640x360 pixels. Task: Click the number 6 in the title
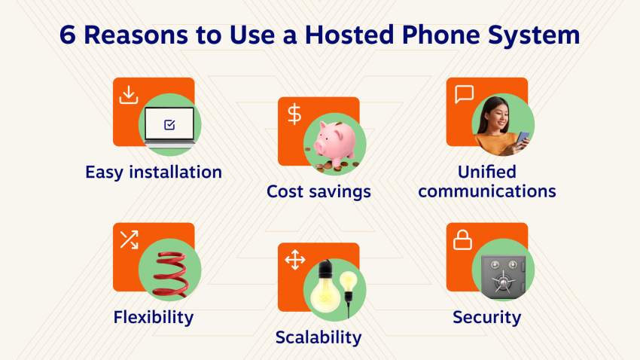pos(68,35)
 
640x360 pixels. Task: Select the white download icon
pos(129,95)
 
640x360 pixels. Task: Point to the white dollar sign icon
pos(294,114)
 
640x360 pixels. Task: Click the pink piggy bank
pos(336,143)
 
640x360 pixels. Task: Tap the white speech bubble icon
pos(465,94)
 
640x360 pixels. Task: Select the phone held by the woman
pos(523,139)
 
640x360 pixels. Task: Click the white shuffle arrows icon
pos(129,239)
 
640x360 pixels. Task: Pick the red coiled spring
pos(170,273)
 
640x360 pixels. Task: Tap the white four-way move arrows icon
pos(294,260)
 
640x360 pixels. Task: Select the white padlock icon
pos(462,240)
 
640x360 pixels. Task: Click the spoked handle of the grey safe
pos(503,282)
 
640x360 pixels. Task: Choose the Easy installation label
pos(154,172)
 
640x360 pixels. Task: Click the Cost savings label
pos(318,191)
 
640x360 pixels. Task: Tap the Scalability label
pos(318,337)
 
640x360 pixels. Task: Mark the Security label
pos(487,317)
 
